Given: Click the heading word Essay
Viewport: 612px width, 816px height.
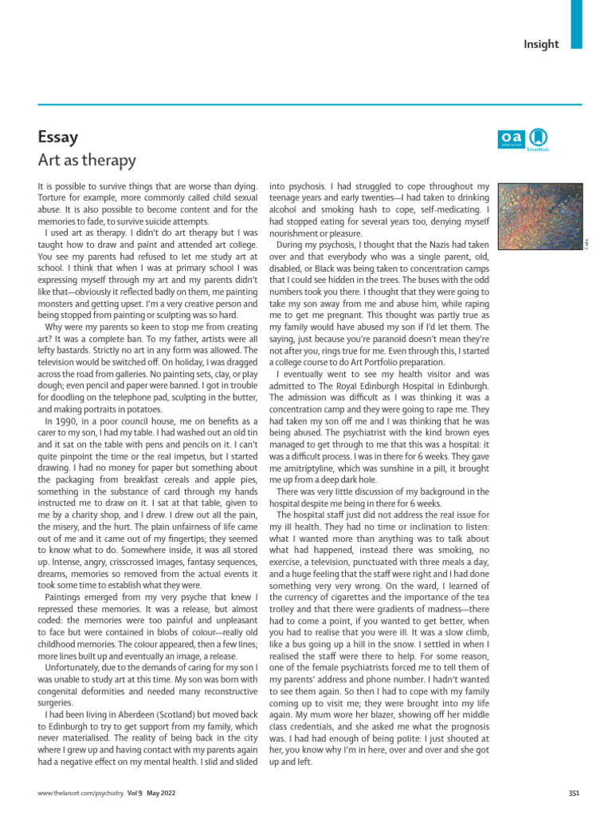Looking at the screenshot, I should [x=57, y=136].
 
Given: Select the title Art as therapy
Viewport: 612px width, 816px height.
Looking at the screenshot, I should [x=87, y=160].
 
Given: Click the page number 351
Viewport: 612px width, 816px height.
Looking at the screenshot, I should [x=573, y=792].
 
